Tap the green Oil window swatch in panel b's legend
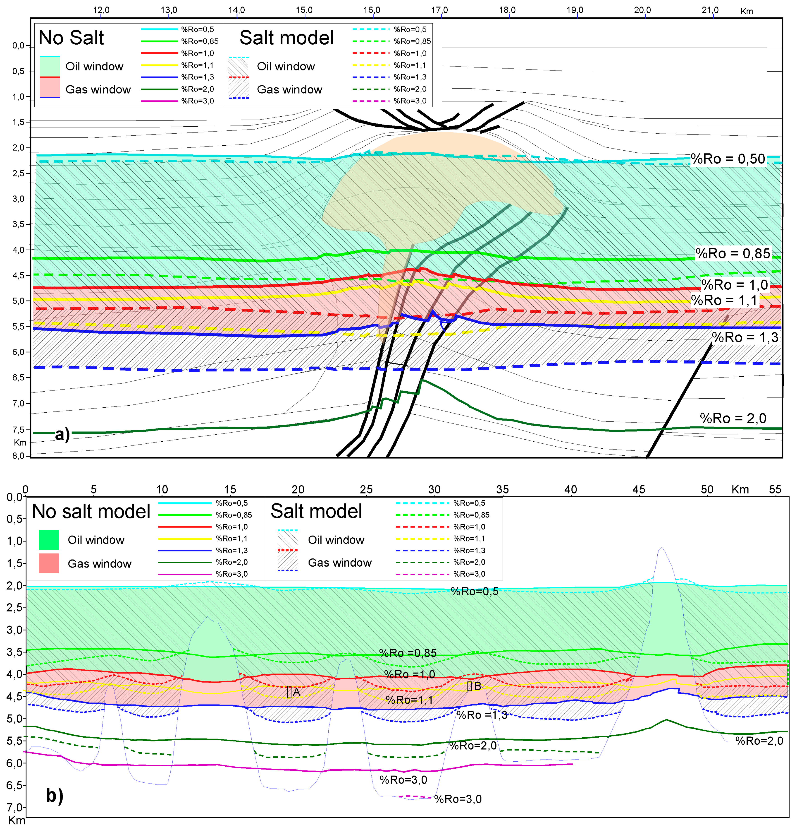click(49, 540)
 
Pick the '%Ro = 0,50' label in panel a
click(728, 159)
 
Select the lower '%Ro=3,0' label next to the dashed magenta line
click(458, 799)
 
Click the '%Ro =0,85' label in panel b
click(407, 653)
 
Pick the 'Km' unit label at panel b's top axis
click(740, 490)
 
